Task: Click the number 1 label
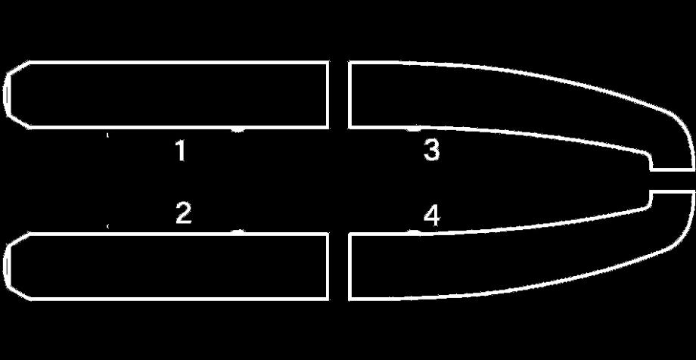click(180, 151)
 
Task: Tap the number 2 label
click(183, 213)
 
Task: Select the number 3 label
click(431, 151)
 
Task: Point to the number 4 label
click(431, 218)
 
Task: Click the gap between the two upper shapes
click(338, 95)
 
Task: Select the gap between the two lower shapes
click(338, 266)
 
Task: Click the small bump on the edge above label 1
click(238, 129)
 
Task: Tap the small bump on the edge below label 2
click(238, 231)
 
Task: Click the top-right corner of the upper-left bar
click(327, 64)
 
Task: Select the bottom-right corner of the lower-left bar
click(327, 299)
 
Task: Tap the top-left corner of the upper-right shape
click(350, 64)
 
